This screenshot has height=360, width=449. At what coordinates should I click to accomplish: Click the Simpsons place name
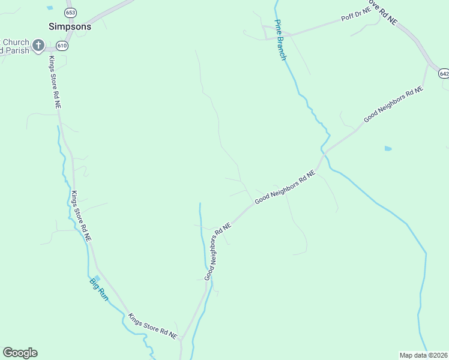tap(70, 26)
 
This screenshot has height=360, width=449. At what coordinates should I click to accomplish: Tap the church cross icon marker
tap(38, 45)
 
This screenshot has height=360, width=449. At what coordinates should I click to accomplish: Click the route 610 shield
tap(62, 45)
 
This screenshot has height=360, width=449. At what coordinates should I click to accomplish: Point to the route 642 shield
tap(443, 73)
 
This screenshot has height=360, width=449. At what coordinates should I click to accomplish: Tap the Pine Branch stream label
tap(280, 40)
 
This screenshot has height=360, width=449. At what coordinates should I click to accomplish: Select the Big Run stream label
tap(98, 289)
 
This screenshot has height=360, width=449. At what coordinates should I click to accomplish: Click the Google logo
tap(20, 353)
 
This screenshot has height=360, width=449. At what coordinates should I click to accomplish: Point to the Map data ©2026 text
tap(423, 355)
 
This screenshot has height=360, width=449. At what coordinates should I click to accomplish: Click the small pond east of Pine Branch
tap(388, 148)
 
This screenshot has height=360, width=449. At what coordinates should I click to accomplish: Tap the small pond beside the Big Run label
tap(98, 277)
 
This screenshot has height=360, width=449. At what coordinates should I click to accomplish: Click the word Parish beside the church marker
tap(13, 50)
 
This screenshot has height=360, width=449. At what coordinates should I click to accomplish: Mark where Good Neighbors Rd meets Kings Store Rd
tap(181, 339)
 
